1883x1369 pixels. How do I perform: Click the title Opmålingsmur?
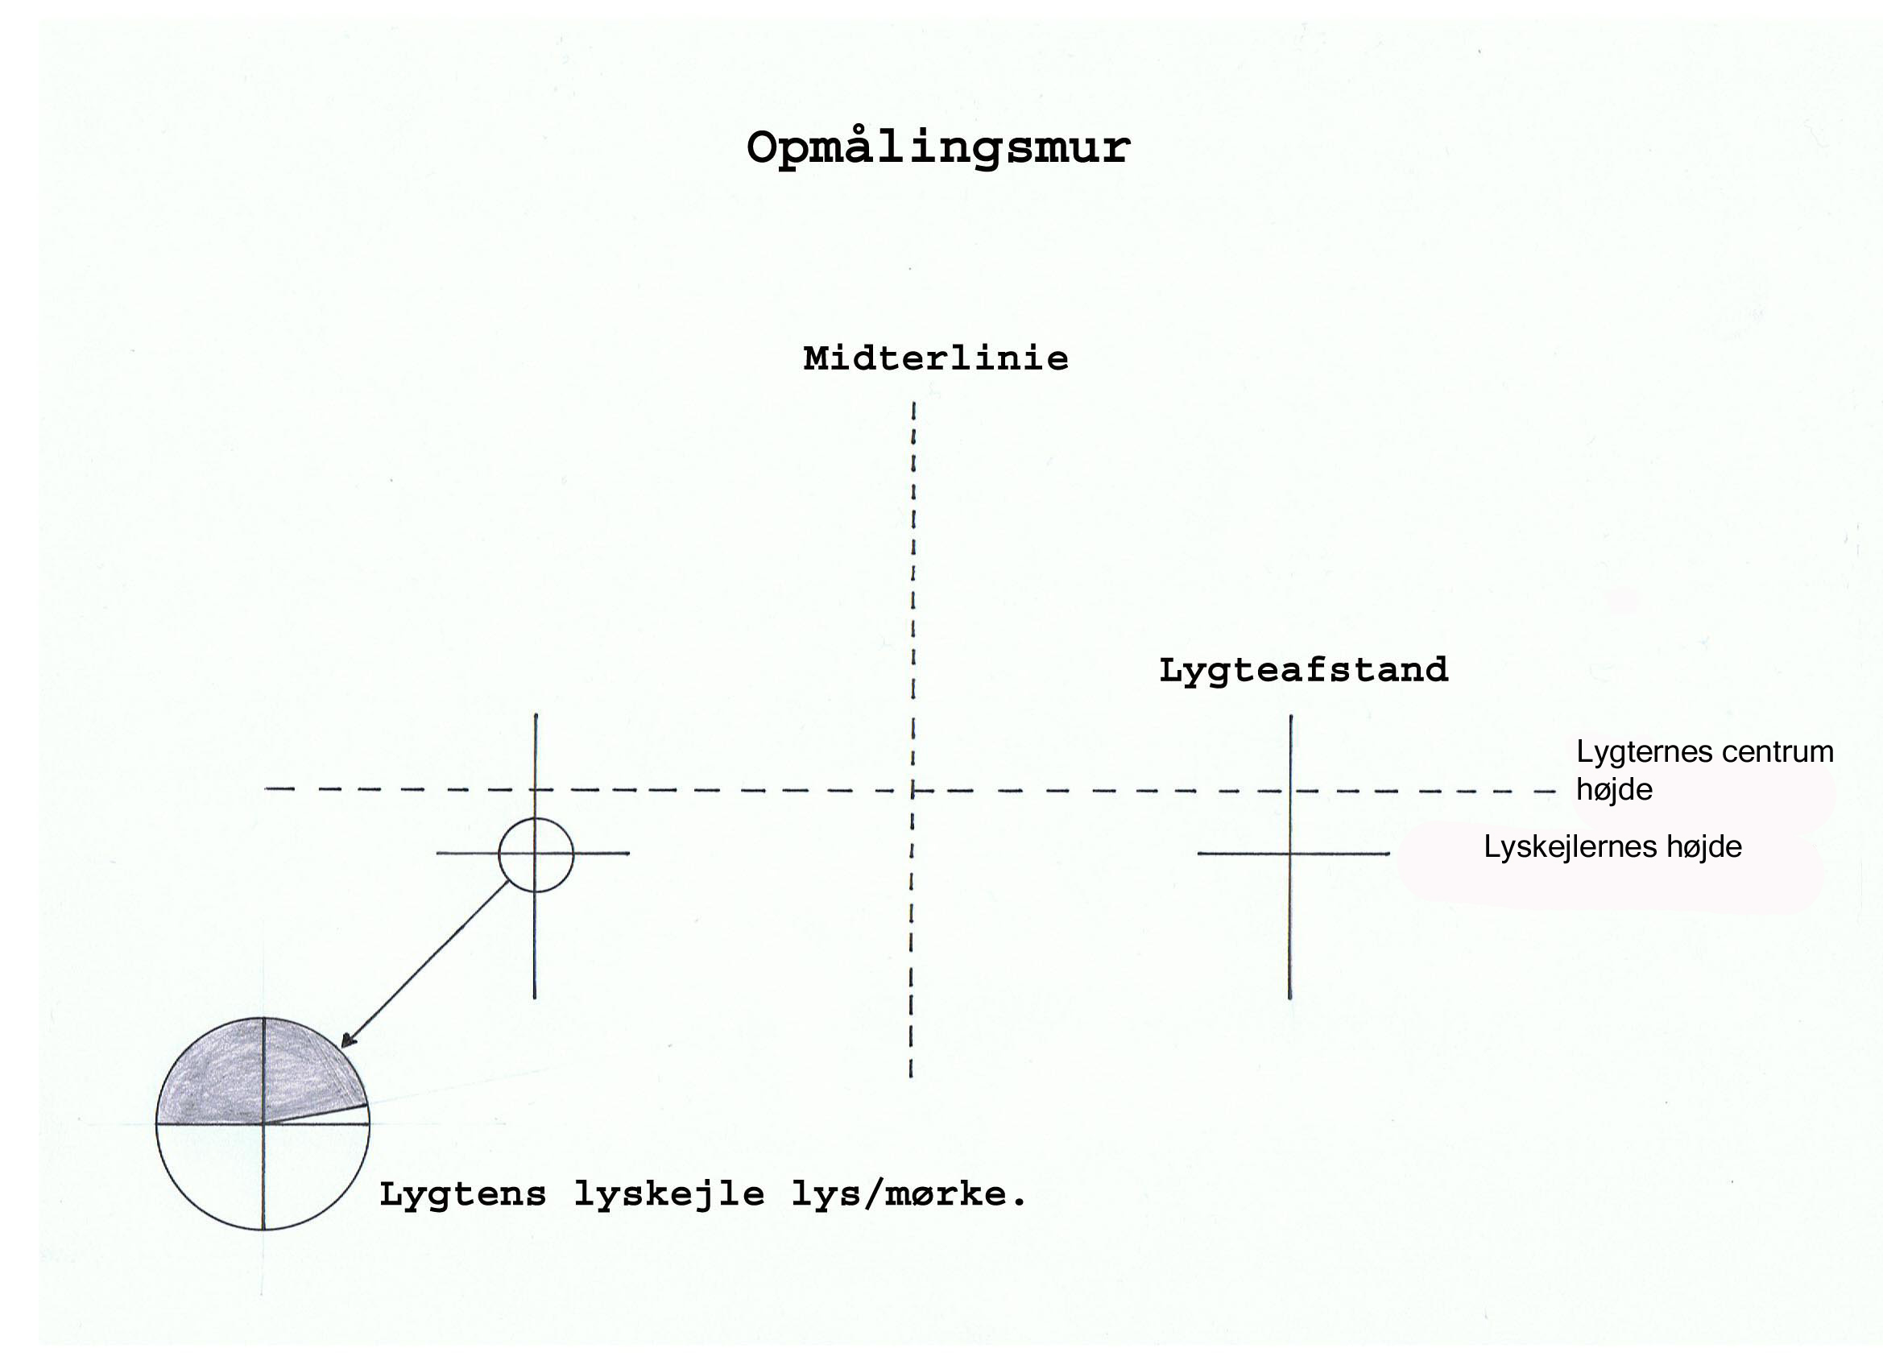tap(938, 148)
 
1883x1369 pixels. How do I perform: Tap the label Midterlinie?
tap(936, 358)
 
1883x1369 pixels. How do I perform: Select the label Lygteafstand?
tap(1303, 671)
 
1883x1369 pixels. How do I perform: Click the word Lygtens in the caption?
tap(462, 1196)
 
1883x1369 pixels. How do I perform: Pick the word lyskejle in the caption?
tap(669, 1196)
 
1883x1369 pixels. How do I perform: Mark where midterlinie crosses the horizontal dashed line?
tap(913, 790)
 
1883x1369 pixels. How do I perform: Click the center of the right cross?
tap(1290, 854)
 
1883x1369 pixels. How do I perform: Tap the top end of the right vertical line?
tap(1291, 716)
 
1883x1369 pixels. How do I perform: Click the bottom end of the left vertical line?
tap(535, 998)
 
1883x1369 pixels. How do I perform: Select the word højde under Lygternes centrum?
tap(1614, 790)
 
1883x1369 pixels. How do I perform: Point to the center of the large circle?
tap(263, 1124)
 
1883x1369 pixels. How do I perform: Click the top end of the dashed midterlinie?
tap(914, 403)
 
